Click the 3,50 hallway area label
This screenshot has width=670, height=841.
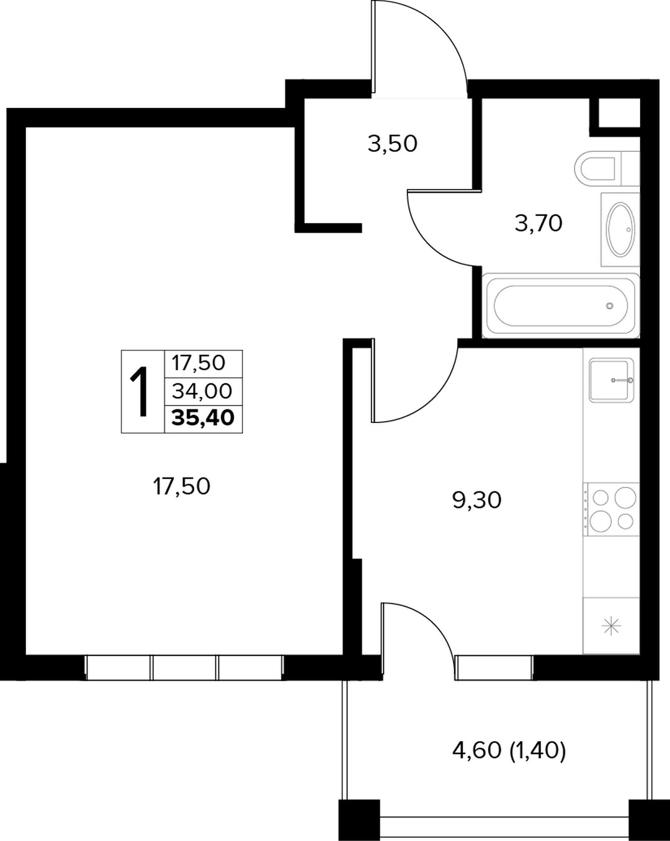(393, 145)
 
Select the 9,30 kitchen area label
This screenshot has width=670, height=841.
(477, 501)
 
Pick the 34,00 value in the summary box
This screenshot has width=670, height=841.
(202, 391)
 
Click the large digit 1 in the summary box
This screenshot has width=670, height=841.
(140, 391)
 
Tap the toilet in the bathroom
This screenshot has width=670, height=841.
(607, 169)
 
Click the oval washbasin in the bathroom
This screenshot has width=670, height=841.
(620, 229)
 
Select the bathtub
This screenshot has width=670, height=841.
(561, 305)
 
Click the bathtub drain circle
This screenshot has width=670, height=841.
(609, 306)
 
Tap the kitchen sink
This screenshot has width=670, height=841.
(611, 380)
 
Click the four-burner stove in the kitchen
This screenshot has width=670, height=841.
(611, 509)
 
